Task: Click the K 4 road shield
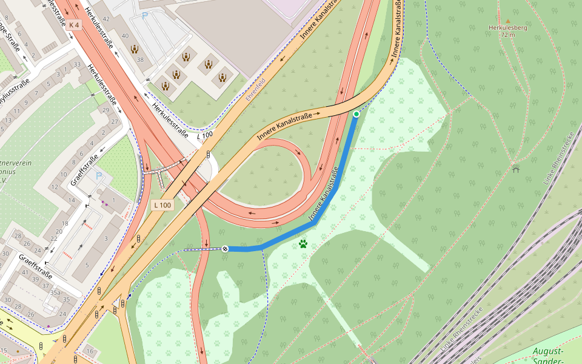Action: coord(74,25)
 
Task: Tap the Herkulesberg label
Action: coord(508,27)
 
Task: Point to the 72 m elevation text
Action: coord(508,35)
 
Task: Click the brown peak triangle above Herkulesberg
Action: coord(508,21)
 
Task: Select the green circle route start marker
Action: coord(356,114)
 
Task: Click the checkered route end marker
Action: coord(225,249)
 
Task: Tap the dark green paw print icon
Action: coord(303,244)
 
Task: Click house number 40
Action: coord(125,36)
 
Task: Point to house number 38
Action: coord(140,60)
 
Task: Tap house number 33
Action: coord(77,64)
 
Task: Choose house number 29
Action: coord(106,110)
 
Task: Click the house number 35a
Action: coord(55,292)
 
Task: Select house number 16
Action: coord(90,351)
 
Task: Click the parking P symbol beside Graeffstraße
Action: coord(99,176)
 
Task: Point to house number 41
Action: coord(25,272)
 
